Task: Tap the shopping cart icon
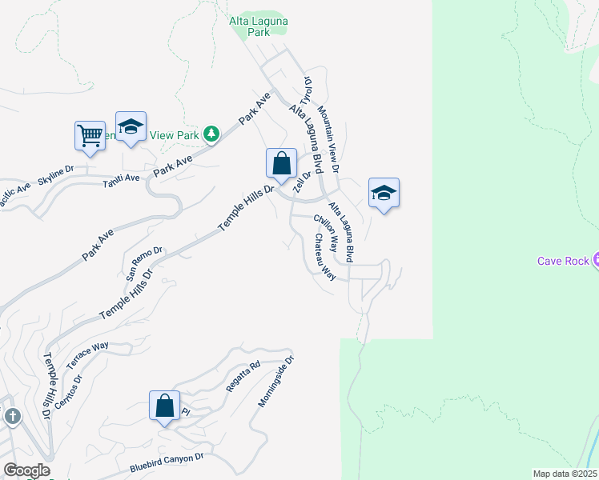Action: (x=90, y=134)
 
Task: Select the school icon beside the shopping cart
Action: (x=131, y=126)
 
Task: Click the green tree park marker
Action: (x=211, y=134)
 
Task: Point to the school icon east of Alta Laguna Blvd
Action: (x=384, y=193)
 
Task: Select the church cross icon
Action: (x=12, y=416)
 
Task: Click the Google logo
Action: (x=26, y=470)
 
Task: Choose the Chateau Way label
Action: (x=324, y=256)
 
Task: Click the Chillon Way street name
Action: (x=326, y=233)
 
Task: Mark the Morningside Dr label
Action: (x=277, y=382)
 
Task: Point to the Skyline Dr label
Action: (x=55, y=174)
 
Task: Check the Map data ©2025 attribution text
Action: (x=564, y=474)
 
